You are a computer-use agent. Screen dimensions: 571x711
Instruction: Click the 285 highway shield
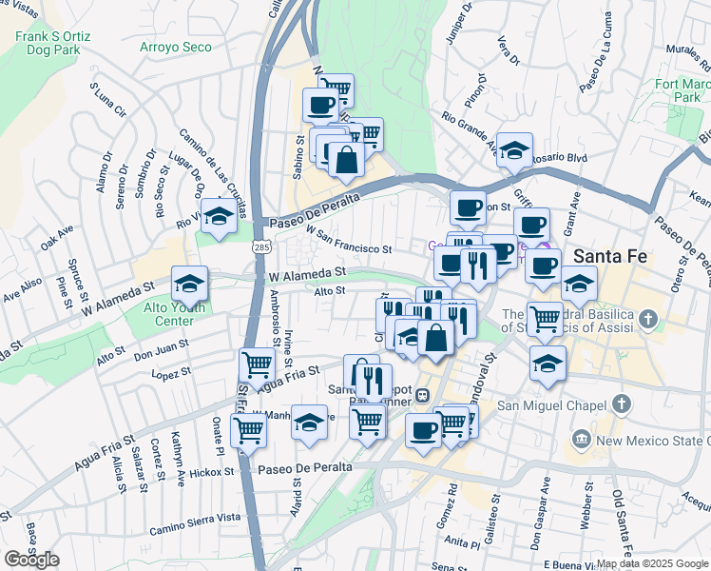coord(260,246)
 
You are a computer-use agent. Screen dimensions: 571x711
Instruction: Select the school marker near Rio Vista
coord(219,215)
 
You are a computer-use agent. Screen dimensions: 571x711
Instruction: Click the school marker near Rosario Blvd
coord(514,149)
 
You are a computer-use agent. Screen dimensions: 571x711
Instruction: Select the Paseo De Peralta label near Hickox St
coord(304,467)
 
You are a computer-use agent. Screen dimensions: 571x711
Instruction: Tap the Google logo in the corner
coord(31,559)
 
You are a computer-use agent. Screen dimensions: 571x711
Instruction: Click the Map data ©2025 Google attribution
coord(652,563)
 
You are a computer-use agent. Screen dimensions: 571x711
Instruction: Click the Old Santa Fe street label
coord(620,523)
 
